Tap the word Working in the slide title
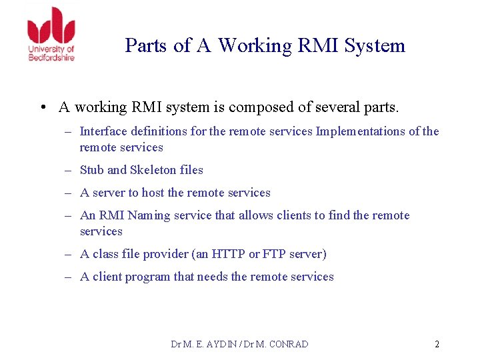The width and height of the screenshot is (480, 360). click(x=255, y=45)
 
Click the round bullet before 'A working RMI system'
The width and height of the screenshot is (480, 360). click(x=43, y=107)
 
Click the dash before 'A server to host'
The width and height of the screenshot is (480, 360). click(x=68, y=193)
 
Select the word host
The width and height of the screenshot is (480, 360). click(x=153, y=193)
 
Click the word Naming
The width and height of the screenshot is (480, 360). click(x=149, y=215)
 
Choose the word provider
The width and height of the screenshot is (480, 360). click(x=167, y=254)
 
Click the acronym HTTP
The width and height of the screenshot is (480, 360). click(x=229, y=254)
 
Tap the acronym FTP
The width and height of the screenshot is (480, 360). click(x=274, y=254)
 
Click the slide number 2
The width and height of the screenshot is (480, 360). click(x=437, y=345)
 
